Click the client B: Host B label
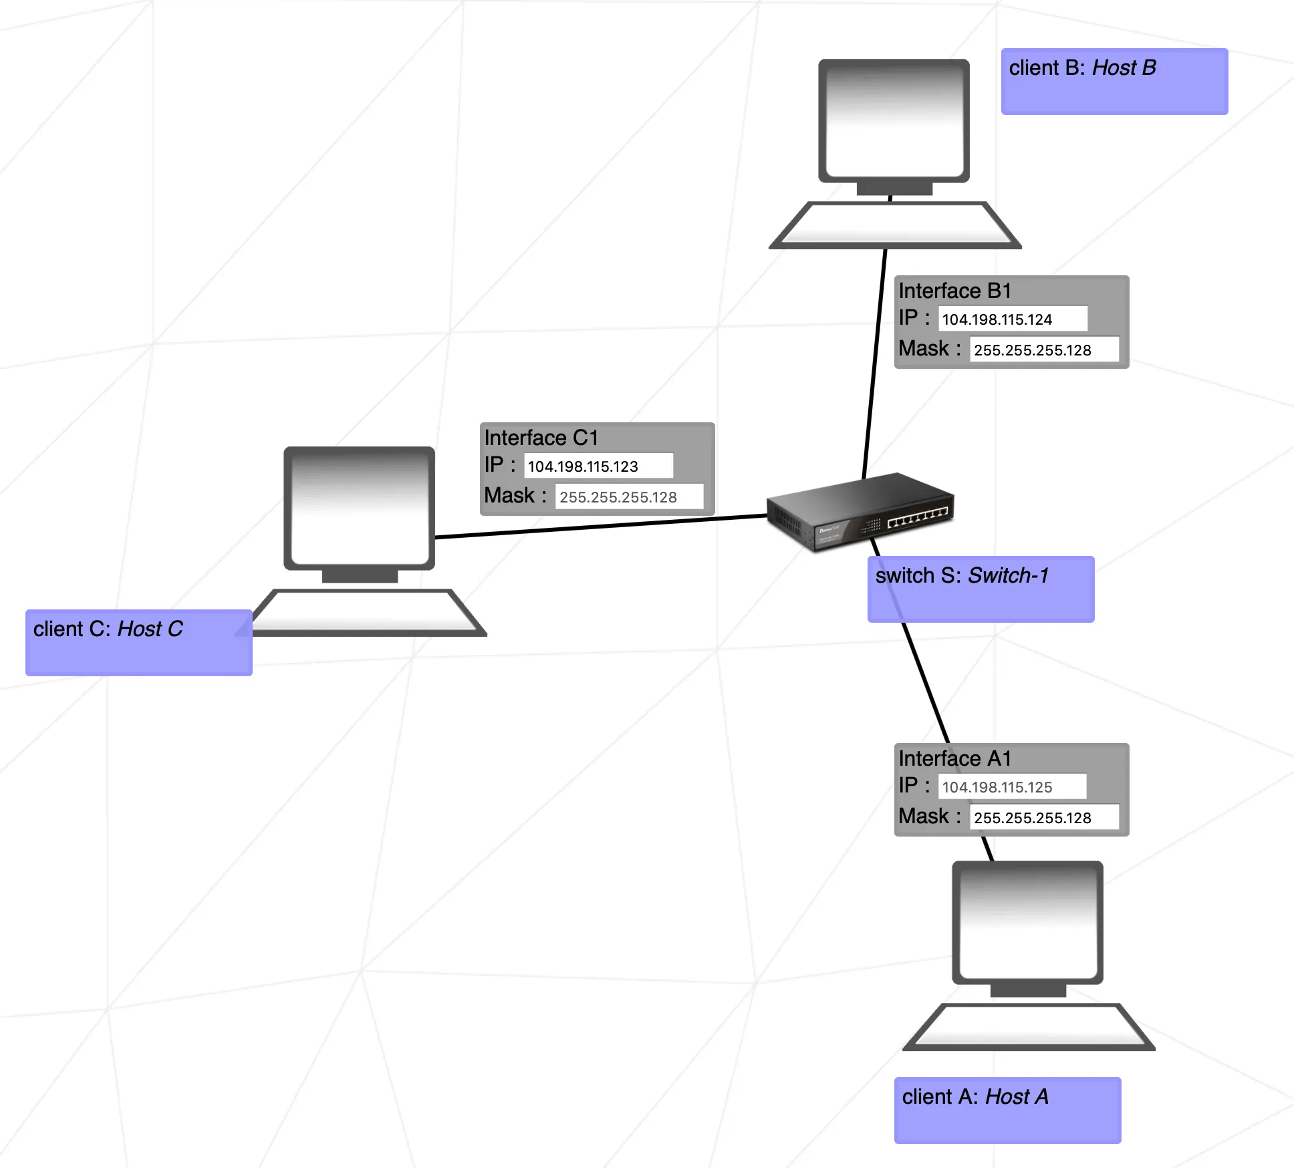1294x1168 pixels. click(x=1114, y=81)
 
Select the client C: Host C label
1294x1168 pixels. click(x=138, y=642)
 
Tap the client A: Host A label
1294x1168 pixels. click(x=1007, y=1110)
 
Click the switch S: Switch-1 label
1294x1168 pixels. click(x=980, y=589)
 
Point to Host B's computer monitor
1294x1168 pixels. click(x=894, y=120)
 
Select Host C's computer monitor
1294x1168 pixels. click(x=359, y=508)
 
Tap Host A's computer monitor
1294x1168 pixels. click(x=1027, y=922)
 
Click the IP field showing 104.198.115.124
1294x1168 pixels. click(x=1012, y=319)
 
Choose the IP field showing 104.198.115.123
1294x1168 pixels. click(x=598, y=466)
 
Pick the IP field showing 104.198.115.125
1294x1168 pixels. click(x=1012, y=786)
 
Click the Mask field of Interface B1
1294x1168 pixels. click(x=1043, y=349)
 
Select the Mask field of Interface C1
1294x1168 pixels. click(x=629, y=496)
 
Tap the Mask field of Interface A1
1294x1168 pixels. click(x=1043, y=817)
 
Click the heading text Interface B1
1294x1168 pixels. click(x=954, y=291)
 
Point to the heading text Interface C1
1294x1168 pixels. click(x=541, y=438)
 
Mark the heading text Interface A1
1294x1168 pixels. click(x=954, y=758)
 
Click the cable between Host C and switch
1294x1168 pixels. click(x=602, y=527)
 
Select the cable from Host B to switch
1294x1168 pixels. click(x=874, y=364)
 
